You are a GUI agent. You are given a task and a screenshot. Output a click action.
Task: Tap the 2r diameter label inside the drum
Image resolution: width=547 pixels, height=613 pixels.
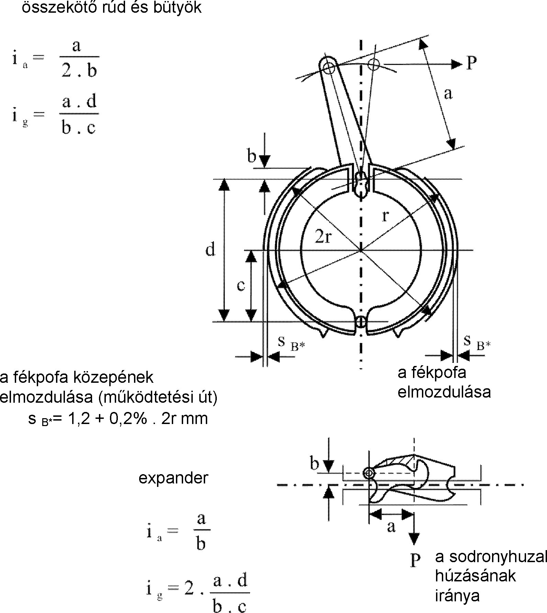click(x=323, y=236)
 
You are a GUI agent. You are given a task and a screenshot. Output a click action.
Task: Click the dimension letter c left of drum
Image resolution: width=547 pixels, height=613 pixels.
click(x=241, y=286)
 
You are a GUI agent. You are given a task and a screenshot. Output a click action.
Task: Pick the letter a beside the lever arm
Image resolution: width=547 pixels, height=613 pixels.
click(x=448, y=93)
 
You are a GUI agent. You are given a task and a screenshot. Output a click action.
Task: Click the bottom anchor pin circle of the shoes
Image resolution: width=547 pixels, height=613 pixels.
click(x=360, y=322)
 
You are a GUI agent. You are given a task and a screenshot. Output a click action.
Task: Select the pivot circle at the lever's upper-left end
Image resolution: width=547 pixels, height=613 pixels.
click(x=328, y=67)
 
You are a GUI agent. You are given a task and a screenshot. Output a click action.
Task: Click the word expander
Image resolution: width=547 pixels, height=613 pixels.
click(x=173, y=478)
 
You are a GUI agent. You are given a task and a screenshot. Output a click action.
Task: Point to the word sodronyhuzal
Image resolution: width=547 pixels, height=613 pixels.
click(x=491, y=557)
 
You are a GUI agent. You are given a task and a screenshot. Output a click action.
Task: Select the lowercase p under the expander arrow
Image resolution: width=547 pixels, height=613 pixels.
click(x=415, y=560)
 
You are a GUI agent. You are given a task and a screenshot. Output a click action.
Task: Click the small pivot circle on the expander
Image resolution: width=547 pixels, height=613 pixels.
click(x=368, y=473)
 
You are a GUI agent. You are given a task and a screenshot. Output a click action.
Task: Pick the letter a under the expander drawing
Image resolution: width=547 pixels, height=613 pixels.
click(x=391, y=526)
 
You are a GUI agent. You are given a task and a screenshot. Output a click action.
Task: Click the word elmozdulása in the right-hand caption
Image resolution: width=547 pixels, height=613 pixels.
click(x=444, y=392)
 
